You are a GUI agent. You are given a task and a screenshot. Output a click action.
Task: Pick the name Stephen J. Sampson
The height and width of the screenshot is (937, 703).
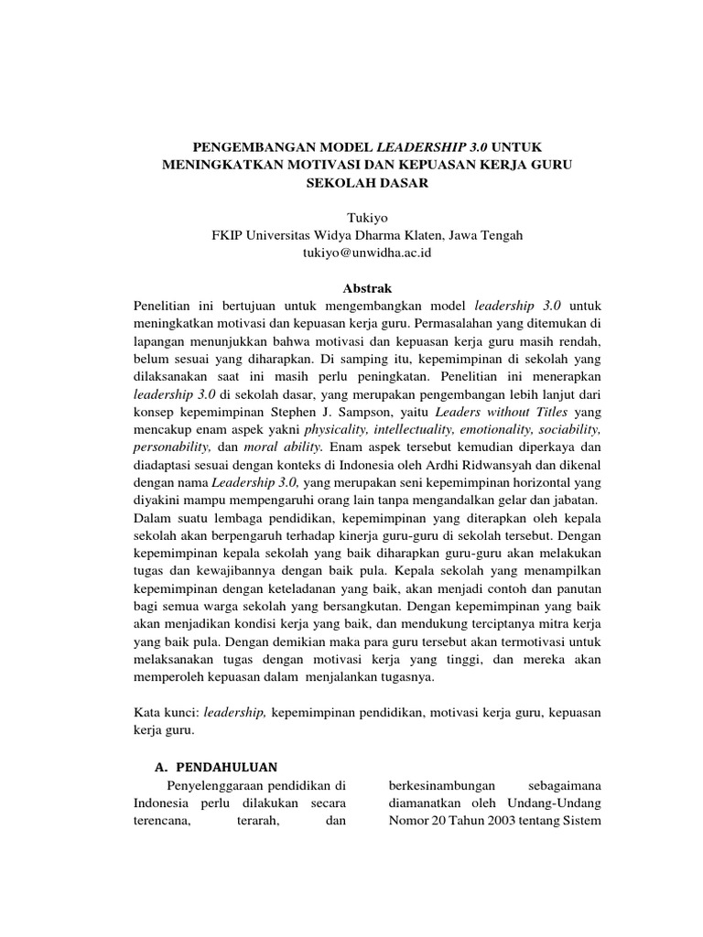click(x=356, y=411)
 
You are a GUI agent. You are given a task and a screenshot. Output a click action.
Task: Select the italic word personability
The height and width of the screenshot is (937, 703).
click(x=173, y=446)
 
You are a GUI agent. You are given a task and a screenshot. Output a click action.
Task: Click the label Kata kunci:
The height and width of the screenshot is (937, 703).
click(x=165, y=711)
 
